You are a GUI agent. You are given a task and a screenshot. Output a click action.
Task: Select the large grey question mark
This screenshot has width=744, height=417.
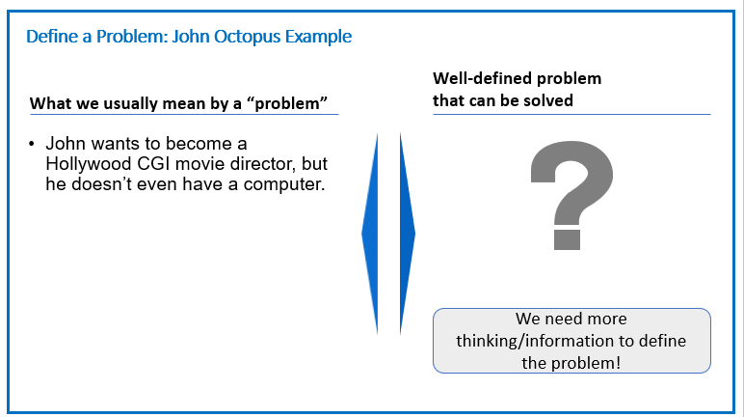[571, 195]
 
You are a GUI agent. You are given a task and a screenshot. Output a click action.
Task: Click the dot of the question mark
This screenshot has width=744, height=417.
[567, 239]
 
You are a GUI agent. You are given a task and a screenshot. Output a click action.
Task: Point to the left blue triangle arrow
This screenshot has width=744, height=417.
[370, 234]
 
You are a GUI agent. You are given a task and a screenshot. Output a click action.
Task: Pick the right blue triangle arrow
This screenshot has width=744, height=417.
[407, 234]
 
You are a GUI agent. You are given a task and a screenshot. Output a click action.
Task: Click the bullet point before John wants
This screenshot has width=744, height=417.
[32, 144]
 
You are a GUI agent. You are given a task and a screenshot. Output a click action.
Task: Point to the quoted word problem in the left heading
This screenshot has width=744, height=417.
[287, 103]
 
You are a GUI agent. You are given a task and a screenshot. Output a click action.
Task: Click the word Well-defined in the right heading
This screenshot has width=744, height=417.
[483, 78]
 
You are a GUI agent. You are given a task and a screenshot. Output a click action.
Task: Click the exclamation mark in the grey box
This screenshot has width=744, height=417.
[618, 363]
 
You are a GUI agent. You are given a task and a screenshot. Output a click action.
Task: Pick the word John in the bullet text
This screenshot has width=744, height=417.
[66, 143]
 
